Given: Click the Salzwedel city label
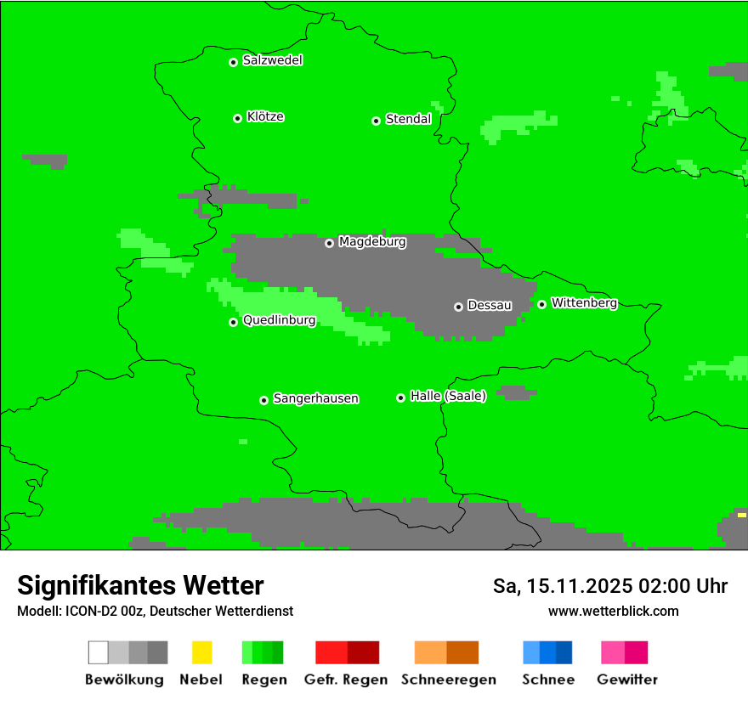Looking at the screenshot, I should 272,60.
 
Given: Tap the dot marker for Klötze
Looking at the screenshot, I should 237,118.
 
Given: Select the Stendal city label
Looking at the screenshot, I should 408,119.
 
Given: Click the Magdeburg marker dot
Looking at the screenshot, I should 329,243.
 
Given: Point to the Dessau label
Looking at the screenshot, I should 490,305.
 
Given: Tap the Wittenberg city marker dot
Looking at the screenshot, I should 541,304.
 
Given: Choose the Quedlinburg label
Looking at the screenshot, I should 279,320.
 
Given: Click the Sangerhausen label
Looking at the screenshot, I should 315,398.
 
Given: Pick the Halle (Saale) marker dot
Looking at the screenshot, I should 400,398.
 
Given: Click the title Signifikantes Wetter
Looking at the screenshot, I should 140,585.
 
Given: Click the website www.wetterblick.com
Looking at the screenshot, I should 613,611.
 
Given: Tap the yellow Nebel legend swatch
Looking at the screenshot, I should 201,652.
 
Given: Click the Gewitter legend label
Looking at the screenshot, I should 626,680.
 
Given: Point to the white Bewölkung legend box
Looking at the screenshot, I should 99,652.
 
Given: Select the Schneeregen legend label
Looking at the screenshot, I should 448,680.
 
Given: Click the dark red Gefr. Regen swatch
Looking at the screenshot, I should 364,652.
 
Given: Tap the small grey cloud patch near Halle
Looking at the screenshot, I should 516,392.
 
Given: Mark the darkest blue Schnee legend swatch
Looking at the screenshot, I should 564,652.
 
